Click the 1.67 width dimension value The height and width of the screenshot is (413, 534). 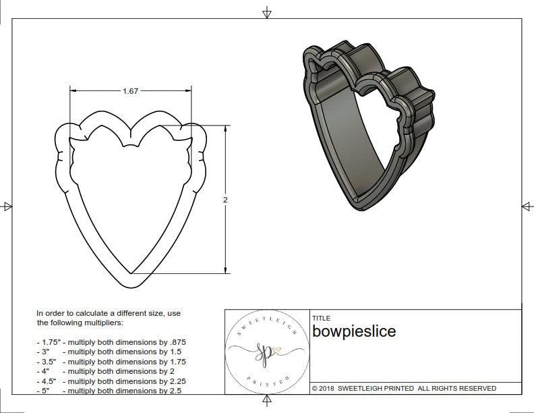pos(131,91)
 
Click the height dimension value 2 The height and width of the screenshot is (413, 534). pos(226,200)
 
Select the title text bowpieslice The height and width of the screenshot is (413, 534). pos(354,331)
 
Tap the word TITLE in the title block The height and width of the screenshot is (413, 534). pos(321,318)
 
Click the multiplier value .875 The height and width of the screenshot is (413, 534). pos(175,342)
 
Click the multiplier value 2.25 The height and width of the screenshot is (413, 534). pos(174,381)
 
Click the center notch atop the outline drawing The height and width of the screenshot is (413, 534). pos(126,146)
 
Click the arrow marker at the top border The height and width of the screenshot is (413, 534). pos(267,12)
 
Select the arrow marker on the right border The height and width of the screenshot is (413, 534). pos(527,206)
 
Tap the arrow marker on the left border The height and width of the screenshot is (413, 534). pos(7,206)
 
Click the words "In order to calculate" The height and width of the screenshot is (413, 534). pos(74,314)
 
